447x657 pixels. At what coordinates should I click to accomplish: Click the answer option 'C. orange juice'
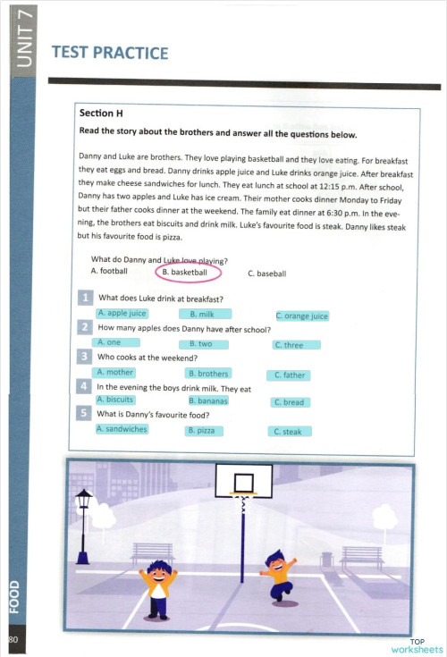[x=301, y=316]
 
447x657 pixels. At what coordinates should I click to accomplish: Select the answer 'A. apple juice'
[x=122, y=314]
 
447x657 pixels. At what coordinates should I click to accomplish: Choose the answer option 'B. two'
[x=205, y=343]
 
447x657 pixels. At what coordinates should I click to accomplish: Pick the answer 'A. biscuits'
[x=116, y=400]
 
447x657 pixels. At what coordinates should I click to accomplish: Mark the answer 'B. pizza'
[x=204, y=430]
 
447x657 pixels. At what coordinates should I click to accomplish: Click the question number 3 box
[x=84, y=358]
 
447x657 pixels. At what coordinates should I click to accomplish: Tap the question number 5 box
[x=84, y=414]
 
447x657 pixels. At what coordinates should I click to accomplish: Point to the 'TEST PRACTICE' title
[x=110, y=54]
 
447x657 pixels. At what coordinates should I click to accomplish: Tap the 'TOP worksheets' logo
[x=417, y=645]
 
